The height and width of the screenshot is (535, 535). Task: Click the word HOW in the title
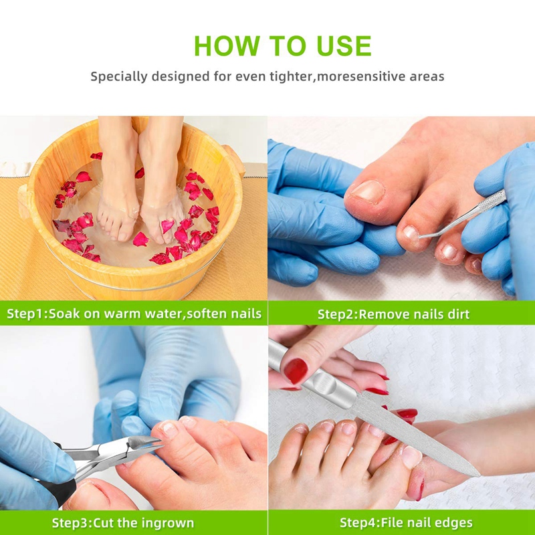[x=227, y=45]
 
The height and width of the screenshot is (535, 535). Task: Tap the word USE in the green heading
[x=344, y=45]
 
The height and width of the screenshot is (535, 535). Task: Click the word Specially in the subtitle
[x=119, y=76]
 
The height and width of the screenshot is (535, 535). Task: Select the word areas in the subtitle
[x=427, y=76]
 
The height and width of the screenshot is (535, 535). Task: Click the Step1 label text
[x=25, y=314]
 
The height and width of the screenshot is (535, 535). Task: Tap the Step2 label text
[x=336, y=314]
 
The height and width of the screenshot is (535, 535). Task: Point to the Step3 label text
[x=70, y=523]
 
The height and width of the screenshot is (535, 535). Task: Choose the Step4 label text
[x=358, y=523]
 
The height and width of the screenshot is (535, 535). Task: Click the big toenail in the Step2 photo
[x=367, y=191]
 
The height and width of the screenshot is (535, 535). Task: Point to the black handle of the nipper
[x=64, y=492]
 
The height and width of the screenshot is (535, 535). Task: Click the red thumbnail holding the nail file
[x=296, y=370]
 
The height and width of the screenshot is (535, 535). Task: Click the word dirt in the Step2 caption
[x=458, y=314]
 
